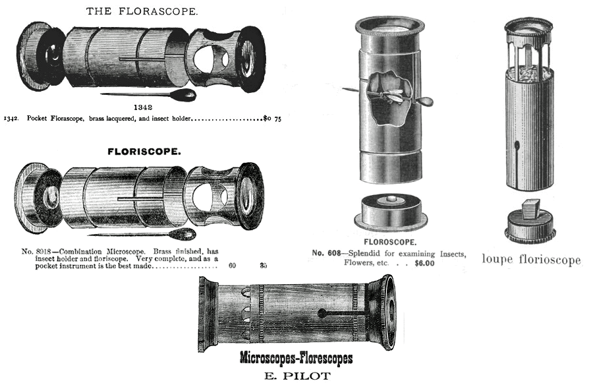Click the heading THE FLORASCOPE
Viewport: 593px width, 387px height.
(142, 11)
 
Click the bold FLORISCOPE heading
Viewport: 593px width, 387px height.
(144, 152)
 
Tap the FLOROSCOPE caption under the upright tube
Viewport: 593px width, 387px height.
(390, 242)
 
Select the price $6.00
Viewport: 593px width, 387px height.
(424, 263)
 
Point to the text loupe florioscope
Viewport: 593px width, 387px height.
(531, 260)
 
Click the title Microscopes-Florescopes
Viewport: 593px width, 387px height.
(296, 358)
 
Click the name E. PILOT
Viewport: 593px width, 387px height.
(297, 376)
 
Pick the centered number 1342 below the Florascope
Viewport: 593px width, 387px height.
(144, 107)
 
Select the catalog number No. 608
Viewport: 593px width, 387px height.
(326, 253)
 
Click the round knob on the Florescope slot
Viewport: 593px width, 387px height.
(322, 313)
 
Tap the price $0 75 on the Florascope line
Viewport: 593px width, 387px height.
(273, 119)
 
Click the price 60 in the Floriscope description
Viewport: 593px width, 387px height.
(232, 266)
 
